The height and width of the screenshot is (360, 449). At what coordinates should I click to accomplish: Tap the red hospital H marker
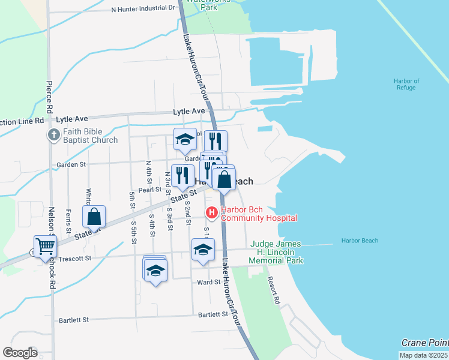point(211,212)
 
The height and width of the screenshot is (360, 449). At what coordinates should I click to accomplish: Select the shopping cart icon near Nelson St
point(46,246)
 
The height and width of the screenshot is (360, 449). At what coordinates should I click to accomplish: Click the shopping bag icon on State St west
point(94,217)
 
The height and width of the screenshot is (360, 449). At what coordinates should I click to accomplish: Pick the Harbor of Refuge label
point(406,85)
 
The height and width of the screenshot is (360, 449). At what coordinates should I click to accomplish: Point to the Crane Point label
point(424,342)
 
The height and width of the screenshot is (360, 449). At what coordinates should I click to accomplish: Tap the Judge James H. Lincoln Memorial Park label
point(276,253)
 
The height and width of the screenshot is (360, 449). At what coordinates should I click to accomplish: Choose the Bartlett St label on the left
point(74,320)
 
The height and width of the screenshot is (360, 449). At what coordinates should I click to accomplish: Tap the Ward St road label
point(209,282)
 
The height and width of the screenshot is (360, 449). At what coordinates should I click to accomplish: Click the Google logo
point(20,353)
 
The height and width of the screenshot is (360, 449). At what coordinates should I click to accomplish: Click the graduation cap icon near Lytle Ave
point(185,140)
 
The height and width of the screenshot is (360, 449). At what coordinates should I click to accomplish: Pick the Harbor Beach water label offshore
point(360,241)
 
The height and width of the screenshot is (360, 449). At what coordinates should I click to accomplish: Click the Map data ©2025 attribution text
point(423,355)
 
